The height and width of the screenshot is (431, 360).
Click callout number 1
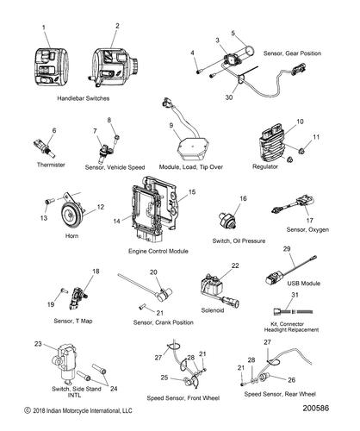[x=44, y=28]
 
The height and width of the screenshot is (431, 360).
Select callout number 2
[x=116, y=27]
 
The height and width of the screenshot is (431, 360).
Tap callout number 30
[x=229, y=98]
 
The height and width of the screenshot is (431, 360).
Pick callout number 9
[x=171, y=127]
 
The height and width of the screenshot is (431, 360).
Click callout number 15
[x=192, y=191]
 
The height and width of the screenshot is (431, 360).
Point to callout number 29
[x=287, y=248]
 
